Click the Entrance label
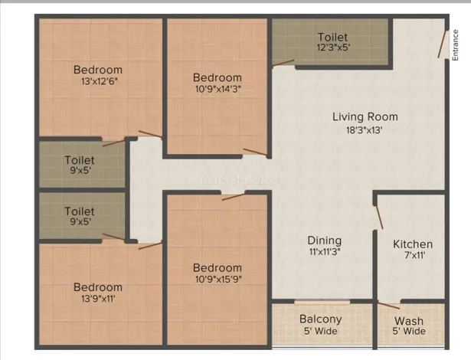(455, 45)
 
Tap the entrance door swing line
(442, 44)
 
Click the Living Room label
(365, 116)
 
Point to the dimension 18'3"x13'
(364, 130)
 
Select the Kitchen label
(413, 244)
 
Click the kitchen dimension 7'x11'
(414, 255)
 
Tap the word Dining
(325, 241)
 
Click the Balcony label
(320, 319)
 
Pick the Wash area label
(409, 321)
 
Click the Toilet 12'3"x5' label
(332, 42)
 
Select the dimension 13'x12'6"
(99, 81)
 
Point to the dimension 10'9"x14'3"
(218, 90)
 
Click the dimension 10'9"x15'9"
(218, 280)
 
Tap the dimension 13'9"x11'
(98, 299)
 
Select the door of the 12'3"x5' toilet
(283, 63)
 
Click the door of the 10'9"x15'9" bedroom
(233, 197)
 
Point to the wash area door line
(389, 306)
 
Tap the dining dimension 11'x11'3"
(325, 252)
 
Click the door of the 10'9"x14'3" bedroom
(255, 152)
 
